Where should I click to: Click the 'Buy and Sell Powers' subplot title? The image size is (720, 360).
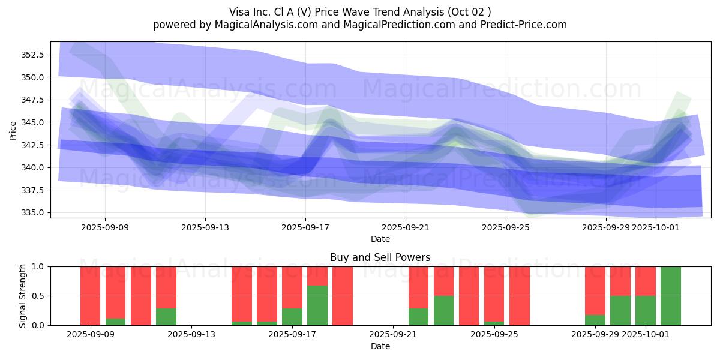(x=380, y=257)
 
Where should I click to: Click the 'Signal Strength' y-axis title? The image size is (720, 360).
(x=22, y=296)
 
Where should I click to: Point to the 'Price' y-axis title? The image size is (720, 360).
(x=13, y=130)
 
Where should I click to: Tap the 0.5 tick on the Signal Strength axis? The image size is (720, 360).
(x=38, y=296)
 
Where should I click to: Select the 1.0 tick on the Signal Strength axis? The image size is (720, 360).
(x=38, y=266)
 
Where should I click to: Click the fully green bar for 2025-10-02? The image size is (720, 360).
(x=671, y=296)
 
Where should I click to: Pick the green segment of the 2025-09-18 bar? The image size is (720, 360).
(x=317, y=305)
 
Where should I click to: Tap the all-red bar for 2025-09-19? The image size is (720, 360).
(x=343, y=296)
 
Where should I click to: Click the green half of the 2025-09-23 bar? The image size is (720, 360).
(x=443, y=310)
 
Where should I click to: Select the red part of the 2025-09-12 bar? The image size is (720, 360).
(x=166, y=287)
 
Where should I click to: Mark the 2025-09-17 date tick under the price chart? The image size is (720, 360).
(x=305, y=227)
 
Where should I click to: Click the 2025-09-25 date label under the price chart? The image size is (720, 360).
(x=506, y=227)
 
